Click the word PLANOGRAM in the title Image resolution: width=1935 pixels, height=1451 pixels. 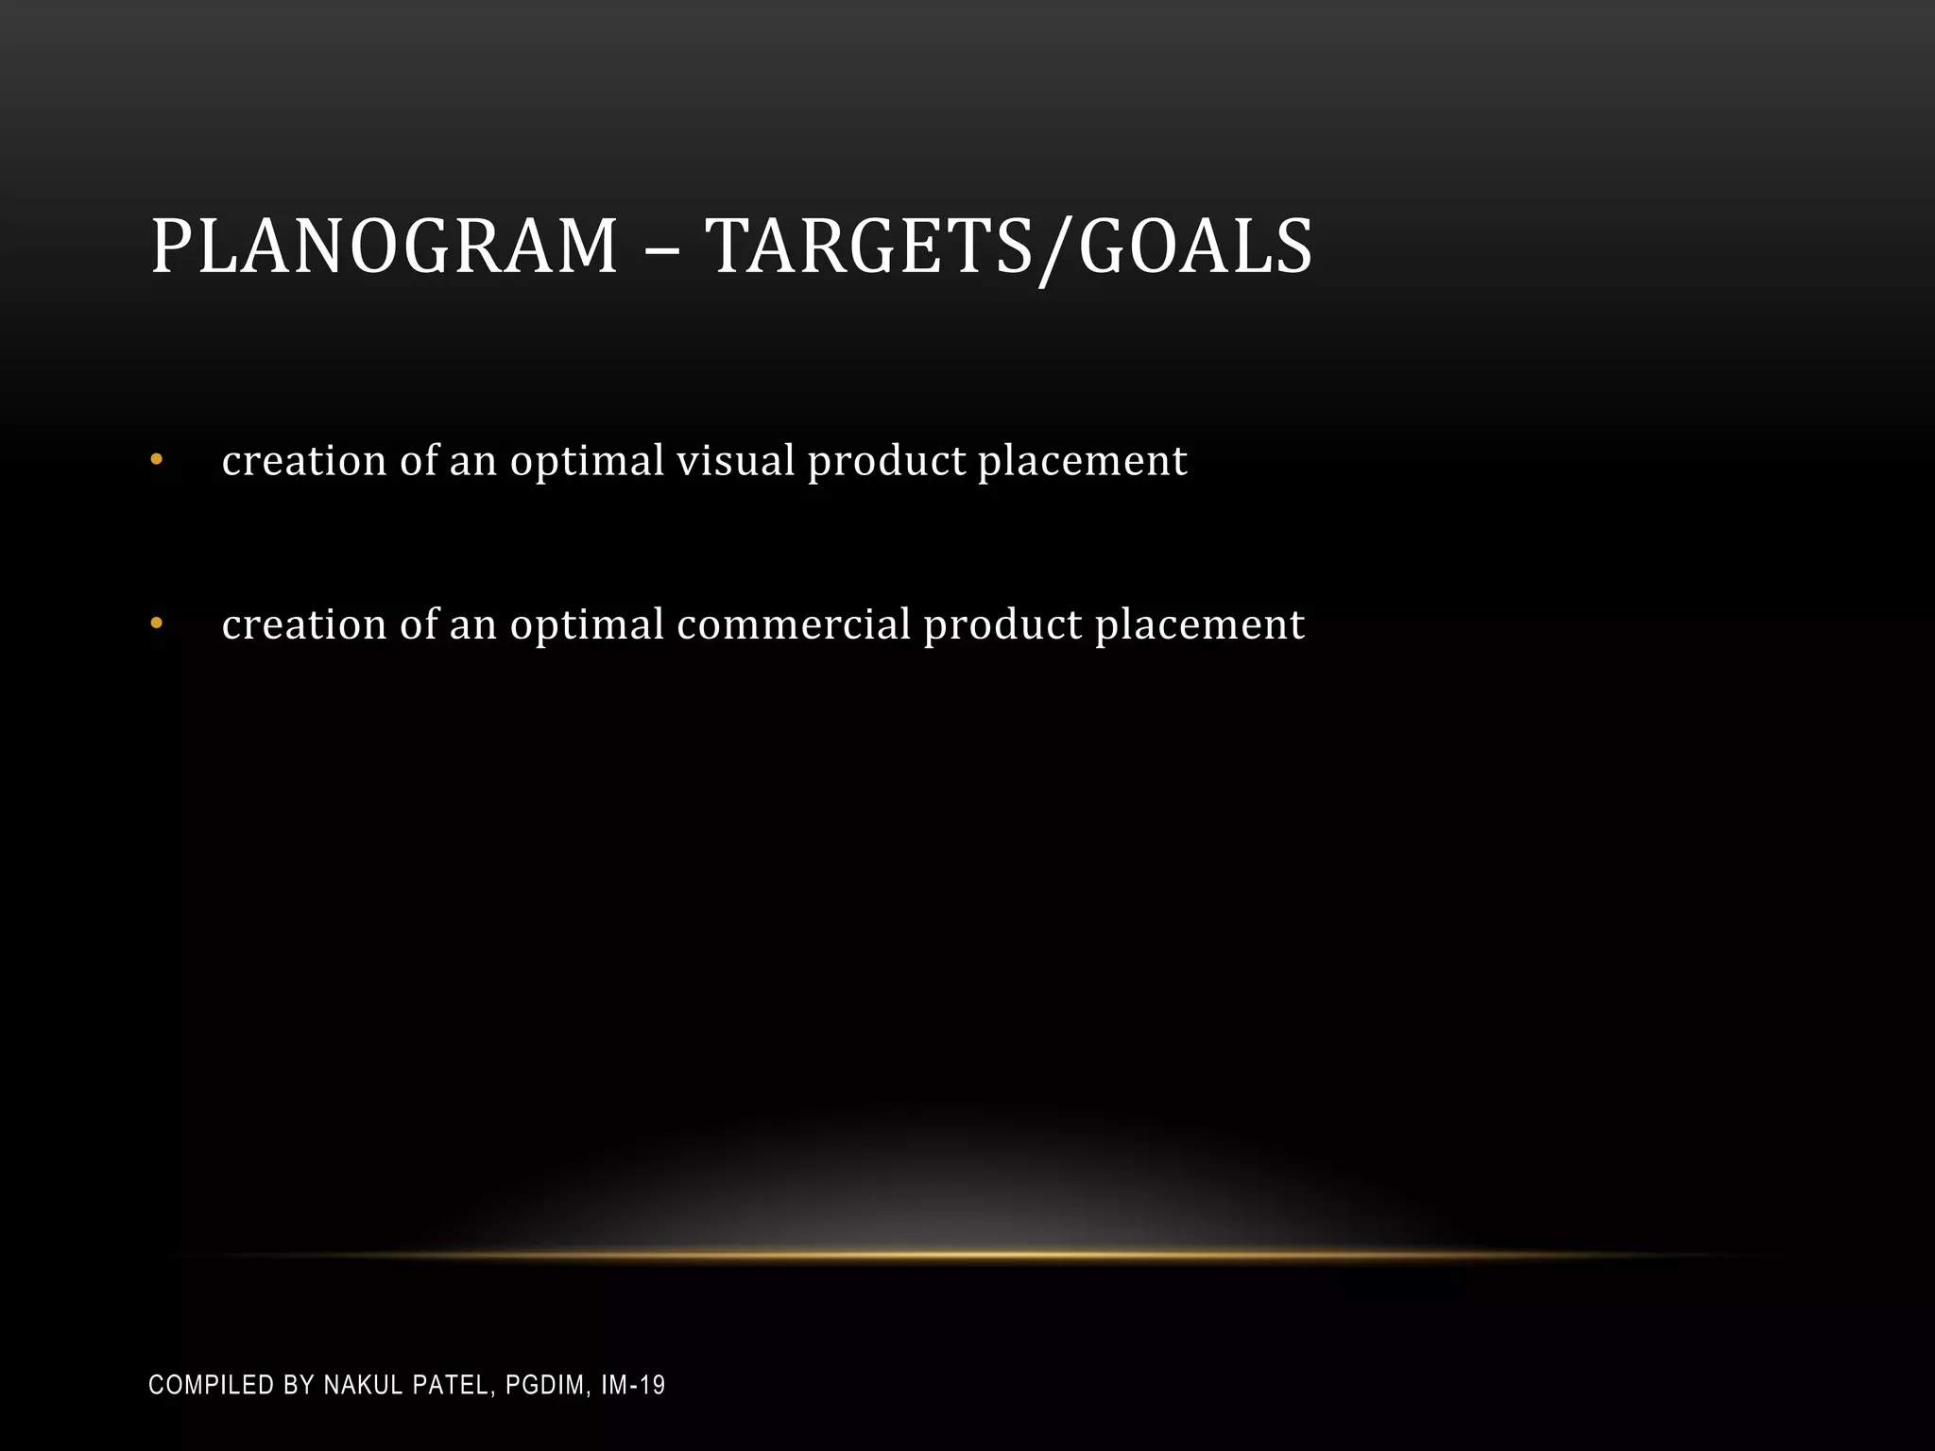point(384,247)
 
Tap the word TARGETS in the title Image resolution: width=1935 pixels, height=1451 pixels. point(870,247)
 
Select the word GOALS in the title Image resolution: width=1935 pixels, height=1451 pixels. point(1195,247)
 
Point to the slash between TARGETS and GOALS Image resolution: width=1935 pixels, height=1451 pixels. point(1055,249)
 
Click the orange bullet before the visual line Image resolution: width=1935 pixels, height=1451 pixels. point(157,461)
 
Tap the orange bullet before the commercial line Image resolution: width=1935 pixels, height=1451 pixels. point(157,624)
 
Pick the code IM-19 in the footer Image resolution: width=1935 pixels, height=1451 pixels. point(633,1386)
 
